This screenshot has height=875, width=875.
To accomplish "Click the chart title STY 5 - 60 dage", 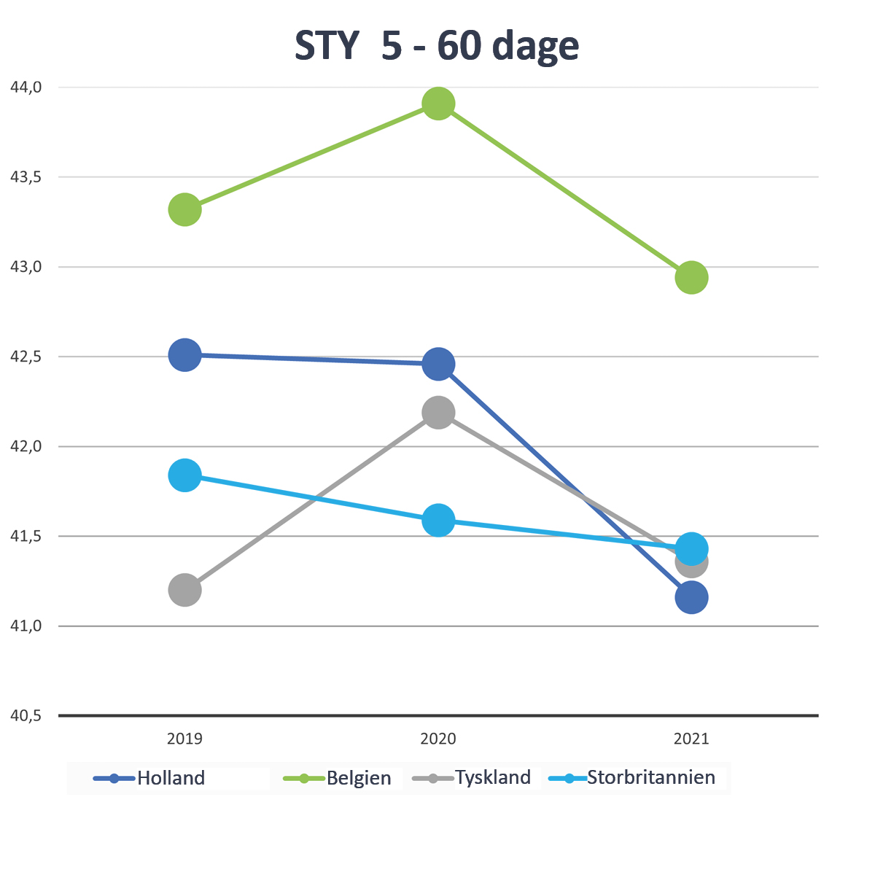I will tap(437, 46).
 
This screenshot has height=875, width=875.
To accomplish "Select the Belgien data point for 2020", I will tap(438, 104).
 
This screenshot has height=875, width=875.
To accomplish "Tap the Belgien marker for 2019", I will tap(185, 210).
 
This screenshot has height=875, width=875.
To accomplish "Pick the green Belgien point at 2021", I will tap(691, 277).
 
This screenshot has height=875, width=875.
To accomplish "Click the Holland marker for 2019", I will tap(185, 355).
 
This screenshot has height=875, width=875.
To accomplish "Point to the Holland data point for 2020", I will tap(438, 364).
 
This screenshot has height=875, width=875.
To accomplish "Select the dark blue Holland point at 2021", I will tap(691, 598).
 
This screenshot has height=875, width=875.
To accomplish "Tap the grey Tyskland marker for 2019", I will tap(185, 589).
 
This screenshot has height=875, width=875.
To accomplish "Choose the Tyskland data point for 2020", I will tap(438, 413).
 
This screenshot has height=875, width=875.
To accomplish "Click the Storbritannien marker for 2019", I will tap(185, 475).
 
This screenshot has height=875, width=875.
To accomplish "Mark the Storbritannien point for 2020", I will tap(438, 520).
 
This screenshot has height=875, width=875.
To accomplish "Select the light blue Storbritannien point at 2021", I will tap(691, 548).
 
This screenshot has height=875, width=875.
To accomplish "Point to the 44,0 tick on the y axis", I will tap(26, 87).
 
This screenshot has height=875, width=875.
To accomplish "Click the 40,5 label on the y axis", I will tap(26, 716).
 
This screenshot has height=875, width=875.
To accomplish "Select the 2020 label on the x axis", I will tap(438, 739).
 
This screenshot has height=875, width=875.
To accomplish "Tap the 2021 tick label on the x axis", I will tap(691, 739).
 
